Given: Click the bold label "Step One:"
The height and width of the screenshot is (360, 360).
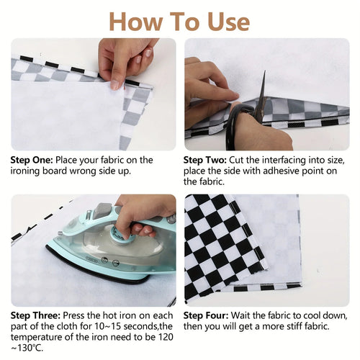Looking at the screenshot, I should [31, 160].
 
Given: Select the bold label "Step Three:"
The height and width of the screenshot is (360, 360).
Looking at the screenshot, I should [35, 315].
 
